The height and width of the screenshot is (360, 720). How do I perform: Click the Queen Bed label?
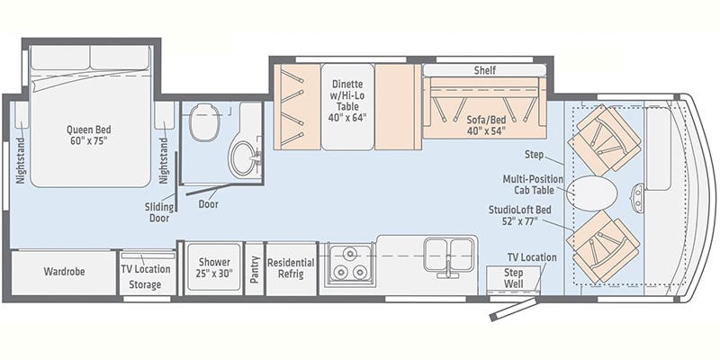(x=88, y=134)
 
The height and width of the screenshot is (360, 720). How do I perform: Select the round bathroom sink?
(x=242, y=158)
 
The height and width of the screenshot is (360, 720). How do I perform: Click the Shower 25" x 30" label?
(x=214, y=267)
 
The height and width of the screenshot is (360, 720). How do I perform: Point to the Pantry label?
(x=255, y=269)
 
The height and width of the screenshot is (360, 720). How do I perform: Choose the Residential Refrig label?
(x=291, y=268)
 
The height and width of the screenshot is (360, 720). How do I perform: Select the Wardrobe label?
(x=64, y=272)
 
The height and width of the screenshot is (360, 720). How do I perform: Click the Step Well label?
(x=513, y=278)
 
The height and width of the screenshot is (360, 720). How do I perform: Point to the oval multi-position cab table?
(x=592, y=192)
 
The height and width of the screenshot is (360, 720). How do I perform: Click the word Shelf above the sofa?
(x=485, y=70)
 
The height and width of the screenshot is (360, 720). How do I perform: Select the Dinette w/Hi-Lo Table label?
(x=346, y=101)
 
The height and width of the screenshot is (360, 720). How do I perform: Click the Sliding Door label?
(x=159, y=212)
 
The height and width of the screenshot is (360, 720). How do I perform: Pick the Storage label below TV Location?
(x=145, y=284)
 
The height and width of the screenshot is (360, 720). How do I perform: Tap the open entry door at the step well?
(x=513, y=309)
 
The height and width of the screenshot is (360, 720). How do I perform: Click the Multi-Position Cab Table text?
(x=533, y=184)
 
